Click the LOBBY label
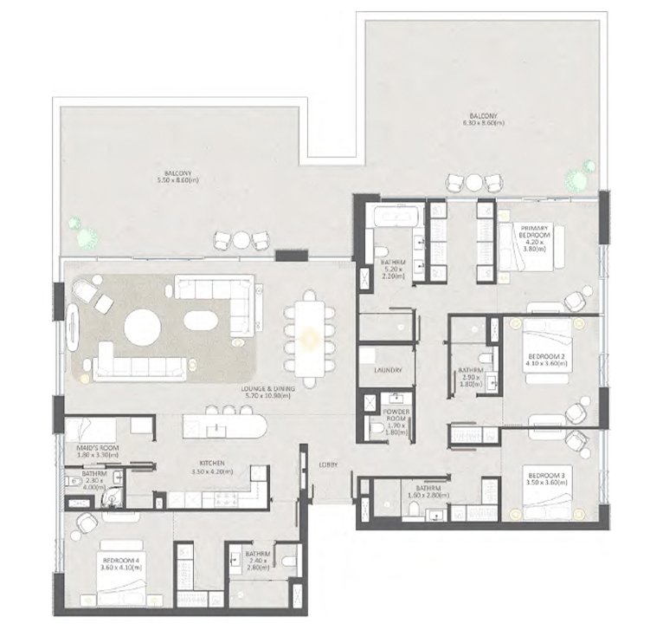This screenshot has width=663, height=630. pos(327,465)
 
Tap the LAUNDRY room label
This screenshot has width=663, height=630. pos(387,371)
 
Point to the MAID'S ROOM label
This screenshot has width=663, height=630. pos(98,448)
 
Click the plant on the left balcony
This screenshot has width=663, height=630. pos(84,232)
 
